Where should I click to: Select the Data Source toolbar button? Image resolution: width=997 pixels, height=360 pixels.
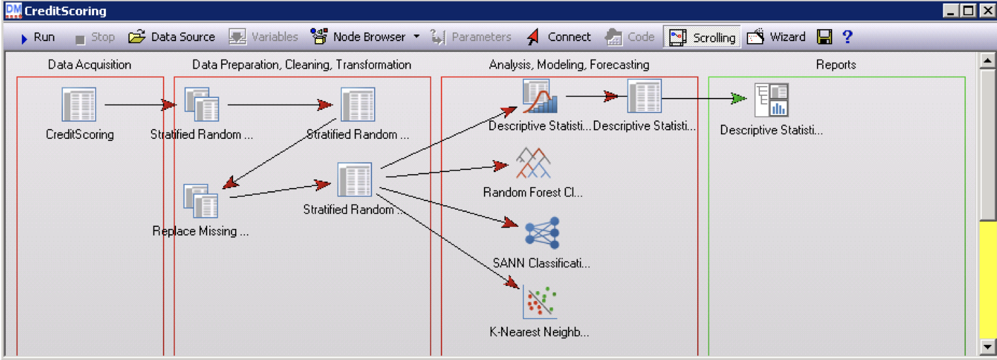click(x=171, y=37)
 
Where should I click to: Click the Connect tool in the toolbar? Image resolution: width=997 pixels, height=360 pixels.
click(x=559, y=37)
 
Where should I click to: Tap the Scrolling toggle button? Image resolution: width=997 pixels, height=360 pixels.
click(x=702, y=37)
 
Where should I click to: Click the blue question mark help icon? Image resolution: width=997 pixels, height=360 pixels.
click(x=847, y=37)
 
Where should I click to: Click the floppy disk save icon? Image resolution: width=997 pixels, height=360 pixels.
click(x=824, y=37)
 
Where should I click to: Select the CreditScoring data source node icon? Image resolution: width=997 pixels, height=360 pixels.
click(x=79, y=105)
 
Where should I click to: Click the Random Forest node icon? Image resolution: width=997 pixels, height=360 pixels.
click(x=533, y=163)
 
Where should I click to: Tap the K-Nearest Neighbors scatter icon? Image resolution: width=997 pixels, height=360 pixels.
click(x=540, y=302)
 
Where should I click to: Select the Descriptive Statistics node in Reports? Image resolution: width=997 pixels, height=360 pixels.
click(x=771, y=100)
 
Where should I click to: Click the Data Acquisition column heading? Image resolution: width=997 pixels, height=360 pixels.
click(x=89, y=65)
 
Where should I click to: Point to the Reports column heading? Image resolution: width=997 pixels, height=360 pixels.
click(x=835, y=65)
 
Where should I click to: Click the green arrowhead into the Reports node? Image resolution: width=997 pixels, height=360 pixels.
click(x=738, y=99)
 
